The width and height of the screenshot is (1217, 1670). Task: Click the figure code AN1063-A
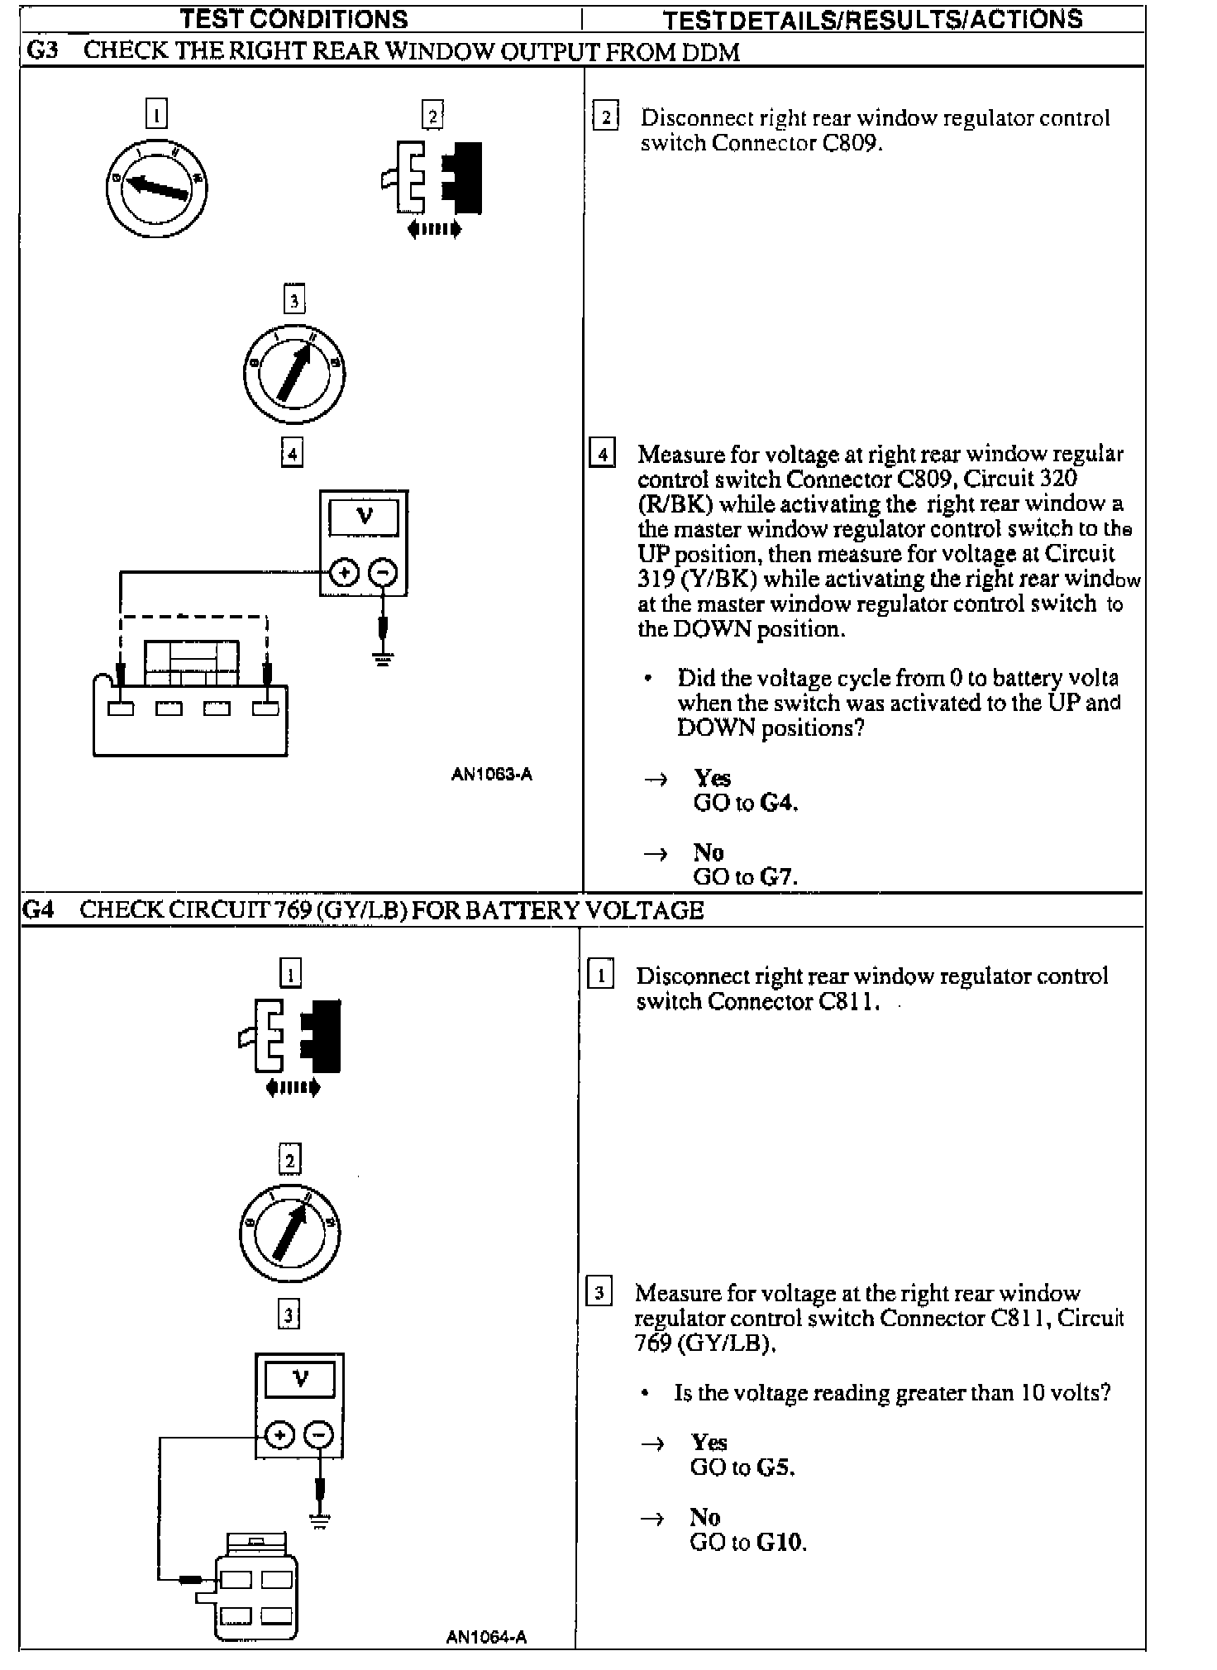(x=491, y=775)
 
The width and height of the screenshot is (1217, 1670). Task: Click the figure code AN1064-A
(x=486, y=1637)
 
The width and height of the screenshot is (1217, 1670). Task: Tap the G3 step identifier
(x=43, y=50)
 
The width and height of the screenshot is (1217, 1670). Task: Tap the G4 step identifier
(x=39, y=910)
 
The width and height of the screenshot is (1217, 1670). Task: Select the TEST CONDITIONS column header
(x=294, y=19)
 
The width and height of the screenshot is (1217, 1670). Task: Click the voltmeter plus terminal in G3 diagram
(x=344, y=572)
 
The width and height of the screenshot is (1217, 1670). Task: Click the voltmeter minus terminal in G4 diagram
(x=318, y=1434)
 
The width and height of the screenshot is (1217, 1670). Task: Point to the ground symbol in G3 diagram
(x=382, y=659)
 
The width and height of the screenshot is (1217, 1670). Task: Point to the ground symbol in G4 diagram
(x=320, y=1521)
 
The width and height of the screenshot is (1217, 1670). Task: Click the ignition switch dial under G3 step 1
(x=156, y=188)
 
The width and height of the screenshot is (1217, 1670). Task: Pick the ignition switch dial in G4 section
(x=289, y=1233)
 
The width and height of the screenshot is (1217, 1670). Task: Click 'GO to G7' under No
(x=745, y=876)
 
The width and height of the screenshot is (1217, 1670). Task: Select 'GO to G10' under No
(x=747, y=1543)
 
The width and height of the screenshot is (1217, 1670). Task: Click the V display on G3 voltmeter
(x=364, y=518)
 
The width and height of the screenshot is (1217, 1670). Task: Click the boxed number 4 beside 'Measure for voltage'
(x=602, y=455)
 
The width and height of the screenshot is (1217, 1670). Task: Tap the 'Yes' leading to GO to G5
(x=709, y=1443)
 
